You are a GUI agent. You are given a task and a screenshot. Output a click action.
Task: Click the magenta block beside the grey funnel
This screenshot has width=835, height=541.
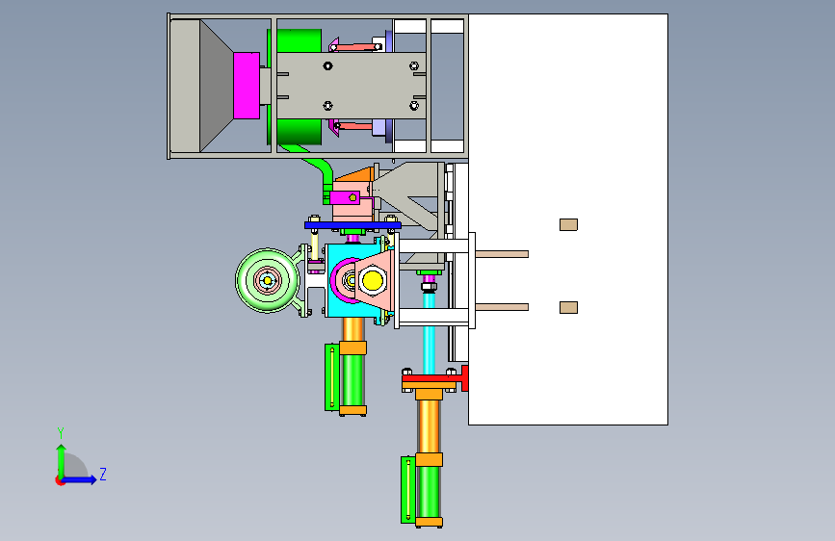click(247, 86)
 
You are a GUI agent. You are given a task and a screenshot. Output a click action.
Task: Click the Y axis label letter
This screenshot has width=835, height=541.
click(61, 433)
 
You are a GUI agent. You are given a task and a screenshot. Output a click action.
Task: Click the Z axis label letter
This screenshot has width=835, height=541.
click(103, 474)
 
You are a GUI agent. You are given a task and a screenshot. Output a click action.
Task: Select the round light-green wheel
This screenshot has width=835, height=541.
click(267, 280)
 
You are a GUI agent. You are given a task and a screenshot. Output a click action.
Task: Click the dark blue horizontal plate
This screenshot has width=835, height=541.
click(352, 225)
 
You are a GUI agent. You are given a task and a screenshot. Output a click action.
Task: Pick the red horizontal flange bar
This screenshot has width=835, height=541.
click(434, 378)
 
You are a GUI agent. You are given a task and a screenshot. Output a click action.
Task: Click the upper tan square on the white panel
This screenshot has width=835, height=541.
click(569, 224)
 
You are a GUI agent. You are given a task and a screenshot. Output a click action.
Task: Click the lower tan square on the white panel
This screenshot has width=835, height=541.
click(569, 307)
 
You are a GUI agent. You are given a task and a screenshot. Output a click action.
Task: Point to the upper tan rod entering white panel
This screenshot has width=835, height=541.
click(502, 254)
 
